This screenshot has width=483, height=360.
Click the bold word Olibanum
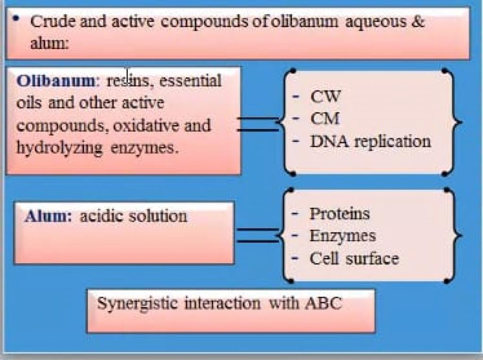pos(55,81)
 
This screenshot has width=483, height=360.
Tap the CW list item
pos(325,97)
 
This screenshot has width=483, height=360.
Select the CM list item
pos(325,118)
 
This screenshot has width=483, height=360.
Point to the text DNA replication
pos(370,141)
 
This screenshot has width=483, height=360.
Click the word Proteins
pos(340,214)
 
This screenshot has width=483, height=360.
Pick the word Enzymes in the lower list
pos(342,235)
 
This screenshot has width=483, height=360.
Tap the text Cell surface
pos(354,258)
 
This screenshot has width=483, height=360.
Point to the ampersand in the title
pos(417,21)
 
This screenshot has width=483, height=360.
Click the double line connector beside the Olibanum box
pos(258,124)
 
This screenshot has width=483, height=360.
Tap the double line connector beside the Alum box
pos(258,235)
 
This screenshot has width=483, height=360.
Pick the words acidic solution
pos(133,216)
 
